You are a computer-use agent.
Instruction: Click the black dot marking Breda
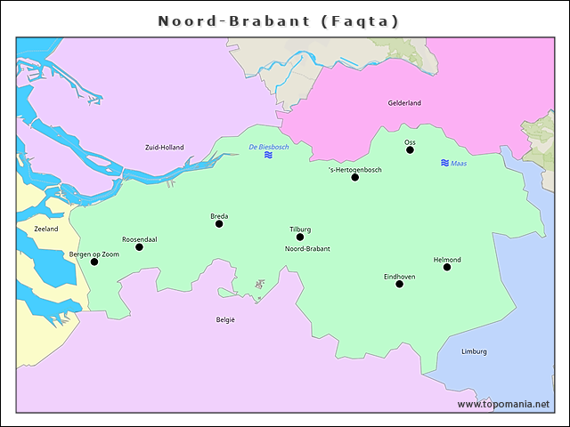coord(219,223)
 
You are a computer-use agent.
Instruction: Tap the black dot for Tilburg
coord(300,237)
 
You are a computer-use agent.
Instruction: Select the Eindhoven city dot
coord(399,284)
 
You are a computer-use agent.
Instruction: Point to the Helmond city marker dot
coord(447,267)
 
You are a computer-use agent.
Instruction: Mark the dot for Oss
coord(410,149)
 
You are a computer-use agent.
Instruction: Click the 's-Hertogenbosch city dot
coord(354,177)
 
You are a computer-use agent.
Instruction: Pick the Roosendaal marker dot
coord(139,246)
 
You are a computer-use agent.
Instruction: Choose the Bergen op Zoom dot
coord(94,262)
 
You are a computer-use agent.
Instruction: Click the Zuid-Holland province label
coord(164,147)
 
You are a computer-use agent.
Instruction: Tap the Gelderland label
coord(403,103)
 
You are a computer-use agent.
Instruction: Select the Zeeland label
coord(46,229)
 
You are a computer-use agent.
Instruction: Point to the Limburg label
coord(474,351)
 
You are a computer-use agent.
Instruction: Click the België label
coord(225,318)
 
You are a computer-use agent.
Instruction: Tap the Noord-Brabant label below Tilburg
coord(306,249)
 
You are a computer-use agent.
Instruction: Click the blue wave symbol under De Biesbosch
coord(268,155)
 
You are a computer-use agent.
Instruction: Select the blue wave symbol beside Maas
coord(444,163)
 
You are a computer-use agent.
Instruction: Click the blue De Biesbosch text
coord(268,146)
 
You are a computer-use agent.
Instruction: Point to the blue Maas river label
coord(459,164)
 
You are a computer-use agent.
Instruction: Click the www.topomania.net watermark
coord(503,404)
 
